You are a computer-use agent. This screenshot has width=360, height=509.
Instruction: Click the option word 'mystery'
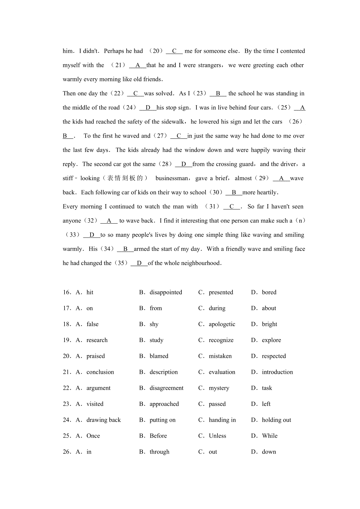pos(219,388)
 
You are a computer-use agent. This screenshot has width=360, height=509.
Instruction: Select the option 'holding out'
pos(276,420)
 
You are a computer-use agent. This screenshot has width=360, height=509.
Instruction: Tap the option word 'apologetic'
pos(222,324)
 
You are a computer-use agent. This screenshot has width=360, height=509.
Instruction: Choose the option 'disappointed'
pos(166,292)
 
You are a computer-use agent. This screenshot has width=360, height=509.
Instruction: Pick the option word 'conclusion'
pos(100,372)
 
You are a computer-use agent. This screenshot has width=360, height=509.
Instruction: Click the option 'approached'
pos(164,404)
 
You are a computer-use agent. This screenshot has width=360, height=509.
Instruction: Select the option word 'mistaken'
pos(220,356)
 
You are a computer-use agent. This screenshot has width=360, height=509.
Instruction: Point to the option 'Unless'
pos(217,436)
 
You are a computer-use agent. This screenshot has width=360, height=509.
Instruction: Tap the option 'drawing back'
pos(103,420)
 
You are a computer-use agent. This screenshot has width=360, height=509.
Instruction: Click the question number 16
pos(67,292)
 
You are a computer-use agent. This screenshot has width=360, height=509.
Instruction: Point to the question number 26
pos(67,452)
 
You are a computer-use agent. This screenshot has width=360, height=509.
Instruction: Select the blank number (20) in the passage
pos(156,51)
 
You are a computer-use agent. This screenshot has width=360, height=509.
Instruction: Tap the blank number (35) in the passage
pos(121,263)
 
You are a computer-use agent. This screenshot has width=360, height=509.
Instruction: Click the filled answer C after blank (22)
pos(135,94)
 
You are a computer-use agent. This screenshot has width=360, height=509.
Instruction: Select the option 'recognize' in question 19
pos(221,340)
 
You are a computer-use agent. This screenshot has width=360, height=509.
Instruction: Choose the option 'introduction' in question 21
pos(277,372)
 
